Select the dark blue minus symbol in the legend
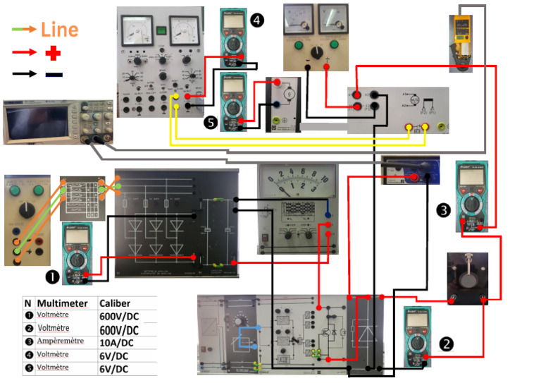tap(54, 74)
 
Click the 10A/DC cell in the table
tap(116, 343)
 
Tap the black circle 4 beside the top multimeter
tap(256, 21)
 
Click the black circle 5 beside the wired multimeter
tap(211, 122)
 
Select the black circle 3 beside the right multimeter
tap(443, 209)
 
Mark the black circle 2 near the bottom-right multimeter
tap(446, 344)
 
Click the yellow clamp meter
tap(462, 42)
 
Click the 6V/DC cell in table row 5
tap(113, 369)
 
